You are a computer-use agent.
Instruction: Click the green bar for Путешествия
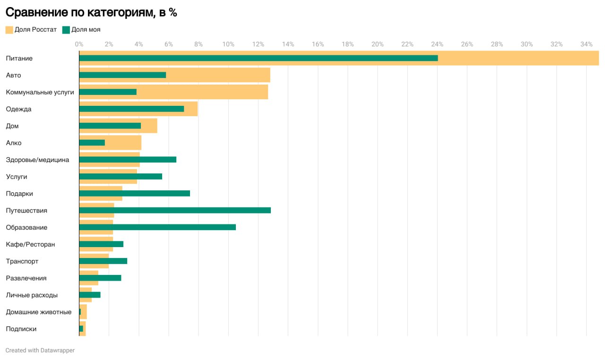pyautogui.click(x=175, y=210)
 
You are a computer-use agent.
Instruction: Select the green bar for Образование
pyautogui.click(x=157, y=227)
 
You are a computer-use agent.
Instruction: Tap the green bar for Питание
pyautogui.click(x=258, y=58)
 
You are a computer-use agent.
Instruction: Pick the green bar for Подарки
pyautogui.click(x=135, y=193)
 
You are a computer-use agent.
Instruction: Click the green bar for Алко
pyautogui.click(x=92, y=143)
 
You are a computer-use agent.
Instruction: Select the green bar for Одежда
pyautogui.click(x=131, y=109)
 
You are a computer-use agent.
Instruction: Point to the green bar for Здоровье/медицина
pyautogui.click(x=128, y=160)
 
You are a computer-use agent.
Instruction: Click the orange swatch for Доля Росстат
pyautogui.click(x=9, y=30)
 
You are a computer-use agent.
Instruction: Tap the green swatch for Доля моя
pyautogui.click(x=66, y=30)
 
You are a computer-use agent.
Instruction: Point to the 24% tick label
pyautogui.click(x=437, y=44)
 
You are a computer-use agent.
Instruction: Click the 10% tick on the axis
pyautogui.click(x=228, y=44)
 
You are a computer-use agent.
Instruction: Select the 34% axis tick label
pyautogui.click(x=586, y=44)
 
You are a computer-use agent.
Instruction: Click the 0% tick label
pyautogui.click(x=79, y=44)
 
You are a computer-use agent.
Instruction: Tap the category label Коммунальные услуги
pyautogui.click(x=40, y=92)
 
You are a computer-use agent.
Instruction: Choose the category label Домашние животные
pyautogui.click(x=39, y=312)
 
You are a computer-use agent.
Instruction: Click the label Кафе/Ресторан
pyautogui.click(x=30, y=244)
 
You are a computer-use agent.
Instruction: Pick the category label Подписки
pyautogui.click(x=21, y=329)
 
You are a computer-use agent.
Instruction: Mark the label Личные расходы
pyautogui.click(x=32, y=295)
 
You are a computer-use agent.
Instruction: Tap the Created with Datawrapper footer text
pyautogui.click(x=40, y=351)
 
